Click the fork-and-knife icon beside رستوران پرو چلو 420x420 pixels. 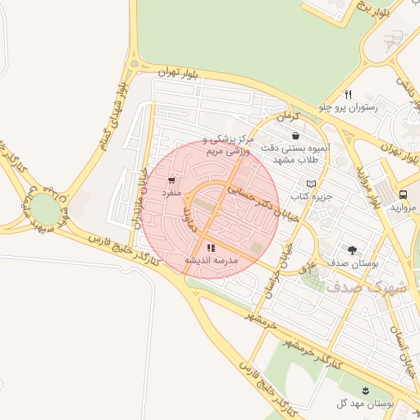[x=348, y=94]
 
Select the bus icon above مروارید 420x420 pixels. [x=403, y=194]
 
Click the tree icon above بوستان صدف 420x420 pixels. [x=352, y=249]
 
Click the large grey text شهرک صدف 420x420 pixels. [x=366, y=287]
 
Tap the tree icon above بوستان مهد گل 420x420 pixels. [x=366, y=390]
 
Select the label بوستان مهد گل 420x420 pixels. [x=366, y=404]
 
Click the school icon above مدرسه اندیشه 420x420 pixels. [x=211, y=247]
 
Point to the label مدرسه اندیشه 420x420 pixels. [x=211, y=260]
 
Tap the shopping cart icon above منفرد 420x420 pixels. [x=171, y=180]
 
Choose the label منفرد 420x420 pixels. [x=169, y=192]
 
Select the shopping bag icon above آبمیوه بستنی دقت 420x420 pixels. [x=294, y=137]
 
